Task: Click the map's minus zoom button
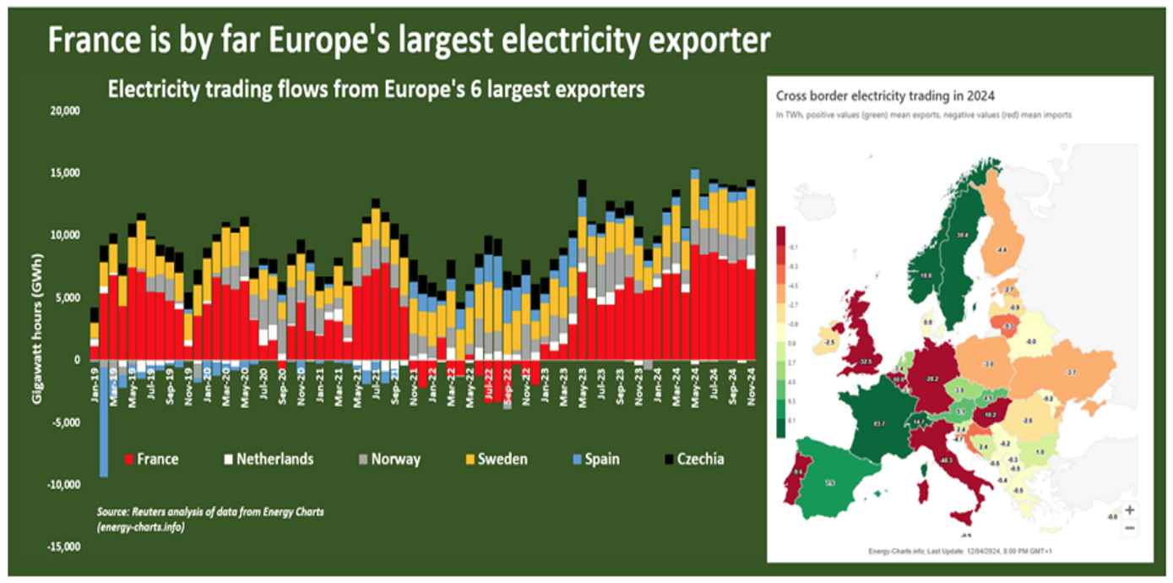(x=1130, y=528)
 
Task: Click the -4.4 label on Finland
(x=1002, y=251)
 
